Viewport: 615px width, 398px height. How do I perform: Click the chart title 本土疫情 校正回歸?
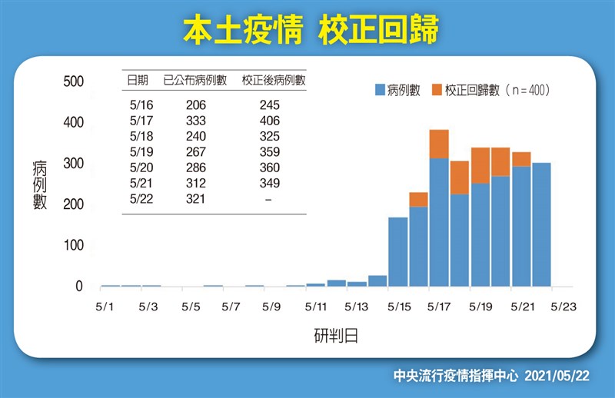(x=311, y=29)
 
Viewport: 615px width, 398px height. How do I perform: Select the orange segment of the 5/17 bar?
(x=439, y=144)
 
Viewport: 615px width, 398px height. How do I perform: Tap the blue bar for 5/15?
(x=398, y=252)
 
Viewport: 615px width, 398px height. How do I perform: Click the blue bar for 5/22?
(x=541, y=224)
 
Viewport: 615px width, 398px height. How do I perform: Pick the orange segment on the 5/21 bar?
(x=521, y=159)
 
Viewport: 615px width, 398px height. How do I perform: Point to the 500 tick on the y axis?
(x=73, y=81)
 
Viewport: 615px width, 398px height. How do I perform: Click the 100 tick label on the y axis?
(x=73, y=245)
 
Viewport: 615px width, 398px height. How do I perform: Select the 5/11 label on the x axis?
(x=316, y=307)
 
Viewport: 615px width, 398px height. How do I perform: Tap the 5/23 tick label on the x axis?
(x=563, y=307)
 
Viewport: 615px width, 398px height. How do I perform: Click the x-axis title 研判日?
(x=336, y=336)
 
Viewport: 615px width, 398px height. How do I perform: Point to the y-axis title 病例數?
(x=40, y=184)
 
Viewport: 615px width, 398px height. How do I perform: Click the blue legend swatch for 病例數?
(x=380, y=90)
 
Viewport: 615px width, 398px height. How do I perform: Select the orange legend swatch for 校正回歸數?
(x=437, y=90)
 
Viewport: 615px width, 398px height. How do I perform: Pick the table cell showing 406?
(x=270, y=121)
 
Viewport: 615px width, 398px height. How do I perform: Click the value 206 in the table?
(x=196, y=104)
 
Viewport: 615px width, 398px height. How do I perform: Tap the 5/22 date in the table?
(x=141, y=199)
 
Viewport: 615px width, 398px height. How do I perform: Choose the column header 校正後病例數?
(x=274, y=81)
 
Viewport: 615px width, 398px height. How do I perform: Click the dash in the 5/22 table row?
(x=268, y=200)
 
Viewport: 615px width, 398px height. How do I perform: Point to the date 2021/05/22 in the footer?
(x=557, y=376)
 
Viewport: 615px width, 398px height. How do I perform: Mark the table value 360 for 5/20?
(x=270, y=167)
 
